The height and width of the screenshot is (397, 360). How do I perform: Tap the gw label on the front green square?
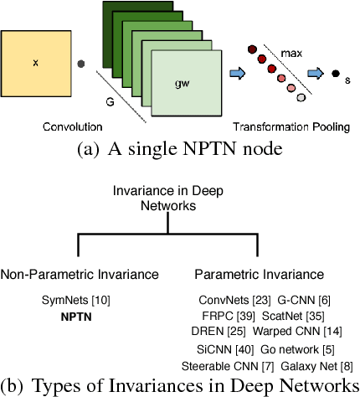click(183, 84)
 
